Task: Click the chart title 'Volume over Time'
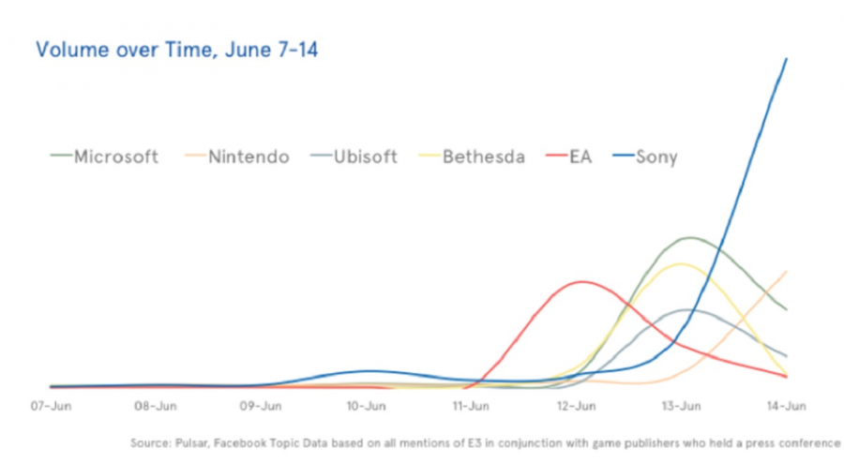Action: click(176, 50)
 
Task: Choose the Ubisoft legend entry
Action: click(365, 157)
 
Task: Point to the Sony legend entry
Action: click(656, 157)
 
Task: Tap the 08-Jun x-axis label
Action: click(156, 407)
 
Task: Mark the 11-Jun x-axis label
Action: click(471, 407)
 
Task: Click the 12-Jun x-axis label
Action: click(576, 407)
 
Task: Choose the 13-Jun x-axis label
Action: click(681, 407)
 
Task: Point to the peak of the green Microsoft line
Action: click(690, 238)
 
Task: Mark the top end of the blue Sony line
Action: click(786, 58)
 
